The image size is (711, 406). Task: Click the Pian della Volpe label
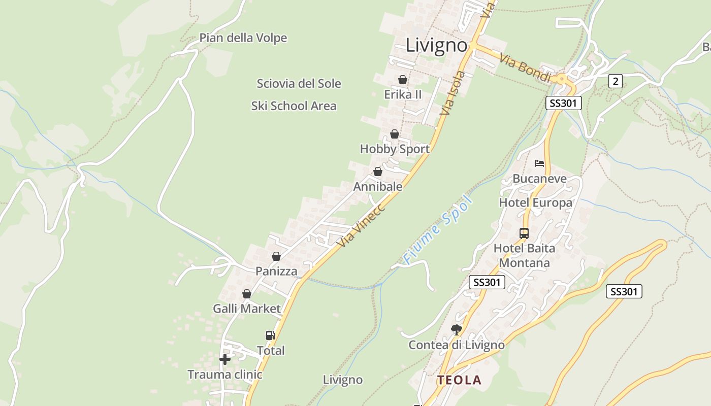pyautogui.click(x=243, y=38)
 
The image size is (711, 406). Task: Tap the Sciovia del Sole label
pyautogui.click(x=299, y=84)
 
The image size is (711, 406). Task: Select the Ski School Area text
pyautogui.click(x=294, y=106)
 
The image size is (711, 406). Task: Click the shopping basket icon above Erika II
pyautogui.click(x=403, y=80)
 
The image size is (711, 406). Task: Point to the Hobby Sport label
pyautogui.click(x=395, y=149)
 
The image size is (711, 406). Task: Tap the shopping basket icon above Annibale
pyautogui.click(x=378, y=172)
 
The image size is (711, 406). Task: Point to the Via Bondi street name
pyautogui.click(x=525, y=68)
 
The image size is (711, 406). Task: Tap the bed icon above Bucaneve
pyautogui.click(x=539, y=163)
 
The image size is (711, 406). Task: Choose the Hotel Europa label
pyautogui.click(x=535, y=203)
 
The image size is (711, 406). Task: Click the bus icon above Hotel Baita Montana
pyautogui.click(x=524, y=233)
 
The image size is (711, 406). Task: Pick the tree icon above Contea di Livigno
pyautogui.click(x=457, y=330)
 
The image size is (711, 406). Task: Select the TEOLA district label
pyautogui.click(x=459, y=380)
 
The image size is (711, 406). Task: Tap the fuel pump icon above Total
pyautogui.click(x=271, y=335)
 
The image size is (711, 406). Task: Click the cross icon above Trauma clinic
pyautogui.click(x=224, y=359)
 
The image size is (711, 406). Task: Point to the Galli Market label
pyautogui.click(x=246, y=309)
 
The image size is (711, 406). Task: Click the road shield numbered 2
pyautogui.click(x=615, y=81)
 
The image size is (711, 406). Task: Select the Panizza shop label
pyautogui.click(x=276, y=271)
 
